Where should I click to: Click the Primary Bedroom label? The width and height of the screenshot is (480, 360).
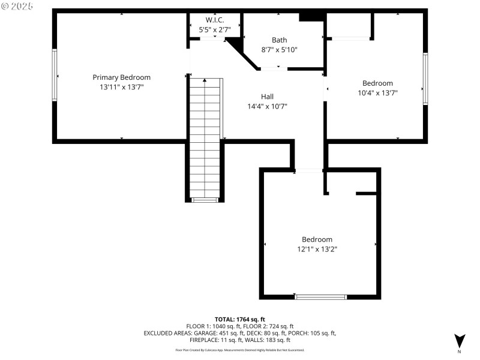click(x=121, y=77)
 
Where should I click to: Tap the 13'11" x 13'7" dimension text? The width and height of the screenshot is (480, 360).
click(x=121, y=87)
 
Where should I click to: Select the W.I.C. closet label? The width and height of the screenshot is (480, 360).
click(x=214, y=20)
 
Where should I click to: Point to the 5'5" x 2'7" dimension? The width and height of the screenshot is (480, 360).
click(x=214, y=29)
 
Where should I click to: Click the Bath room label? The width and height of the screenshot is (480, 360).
click(x=279, y=40)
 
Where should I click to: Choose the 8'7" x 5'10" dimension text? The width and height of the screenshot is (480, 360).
click(x=279, y=50)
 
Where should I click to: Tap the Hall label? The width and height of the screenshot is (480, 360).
click(x=267, y=97)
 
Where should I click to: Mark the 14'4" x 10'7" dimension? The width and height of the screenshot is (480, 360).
click(x=267, y=106)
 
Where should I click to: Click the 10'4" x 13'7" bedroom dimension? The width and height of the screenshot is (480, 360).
click(x=377, y=93)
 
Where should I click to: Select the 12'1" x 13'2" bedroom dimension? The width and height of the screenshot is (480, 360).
click(x=317, y=249)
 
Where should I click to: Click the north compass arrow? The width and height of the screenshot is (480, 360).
click(x=459, y=340)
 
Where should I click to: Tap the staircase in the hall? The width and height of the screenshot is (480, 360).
click(x=205, y=138)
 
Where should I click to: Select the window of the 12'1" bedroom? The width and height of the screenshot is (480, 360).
click(x=320, y=296)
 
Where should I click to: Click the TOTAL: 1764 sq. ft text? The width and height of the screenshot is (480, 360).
click(x=239, y=319)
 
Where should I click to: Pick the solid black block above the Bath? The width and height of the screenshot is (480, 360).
click(x=312, y=16)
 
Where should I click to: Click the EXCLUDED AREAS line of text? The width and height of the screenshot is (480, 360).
click(x=239, y=333)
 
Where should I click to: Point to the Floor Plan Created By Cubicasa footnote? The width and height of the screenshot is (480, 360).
click(x=239, y=350)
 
